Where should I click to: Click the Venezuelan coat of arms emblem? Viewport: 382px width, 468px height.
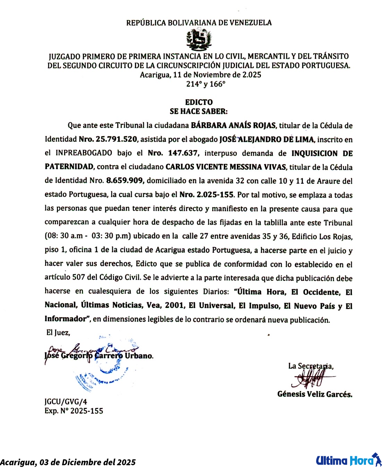(199, 40)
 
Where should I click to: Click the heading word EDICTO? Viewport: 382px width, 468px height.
(199, 102)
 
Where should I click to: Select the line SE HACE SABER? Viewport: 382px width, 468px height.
(199, 111)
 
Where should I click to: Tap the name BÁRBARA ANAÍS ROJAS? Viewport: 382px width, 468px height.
(234, 125)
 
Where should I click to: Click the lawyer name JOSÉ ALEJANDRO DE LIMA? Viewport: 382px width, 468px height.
(267, 139)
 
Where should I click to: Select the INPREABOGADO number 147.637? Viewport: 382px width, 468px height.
(183, 153)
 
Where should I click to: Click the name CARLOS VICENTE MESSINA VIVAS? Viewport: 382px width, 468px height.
(226, 167)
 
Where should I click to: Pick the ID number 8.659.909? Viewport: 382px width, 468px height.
(125, 181)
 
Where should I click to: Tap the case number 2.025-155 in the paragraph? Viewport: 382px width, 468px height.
(215, 194)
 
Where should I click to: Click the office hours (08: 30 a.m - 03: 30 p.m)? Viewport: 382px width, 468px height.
(87, 236)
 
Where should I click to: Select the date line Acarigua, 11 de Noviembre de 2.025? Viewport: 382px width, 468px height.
(201, 75)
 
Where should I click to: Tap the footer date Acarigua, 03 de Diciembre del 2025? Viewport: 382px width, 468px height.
(68, 462)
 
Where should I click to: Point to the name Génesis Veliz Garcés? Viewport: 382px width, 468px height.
(315, 394)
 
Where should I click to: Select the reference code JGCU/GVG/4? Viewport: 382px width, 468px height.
(66, 402)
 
